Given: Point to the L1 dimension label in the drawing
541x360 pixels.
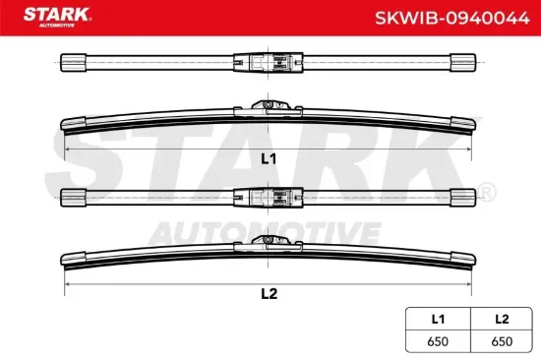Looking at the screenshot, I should pos(268,157).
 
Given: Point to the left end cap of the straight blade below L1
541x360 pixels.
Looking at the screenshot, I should pos(73,195).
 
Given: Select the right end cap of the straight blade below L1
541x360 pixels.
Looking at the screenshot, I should pos(463,195).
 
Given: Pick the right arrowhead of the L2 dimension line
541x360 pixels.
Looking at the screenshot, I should pos(469,281).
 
